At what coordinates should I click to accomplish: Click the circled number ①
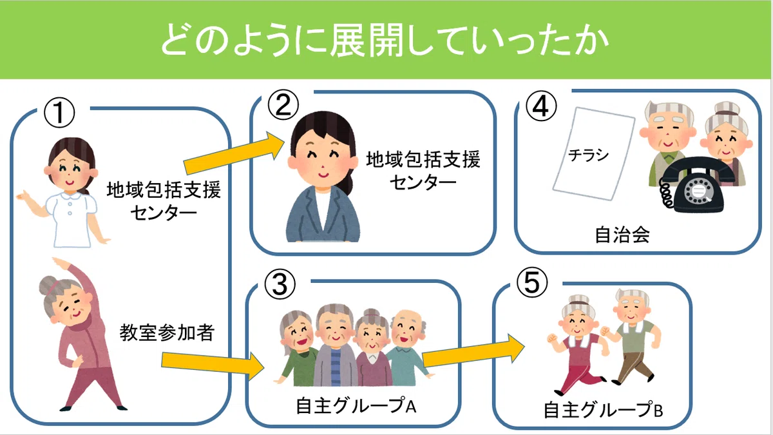click(59, 113)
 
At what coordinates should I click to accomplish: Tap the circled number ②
click(283, 104)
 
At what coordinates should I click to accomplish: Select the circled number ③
click(280, 284)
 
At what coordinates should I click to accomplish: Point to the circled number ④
click(540, 106)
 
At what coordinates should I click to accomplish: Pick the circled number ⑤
click(532, 282)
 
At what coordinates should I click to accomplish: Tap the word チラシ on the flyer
click(588, 155)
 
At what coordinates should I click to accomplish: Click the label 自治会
click(622, 235)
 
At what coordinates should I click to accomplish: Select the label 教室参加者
click(167, 333)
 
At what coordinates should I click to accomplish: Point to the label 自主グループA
click(356, 405)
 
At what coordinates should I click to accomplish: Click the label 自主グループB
click(603, 410)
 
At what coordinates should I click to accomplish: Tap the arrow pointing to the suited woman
click(234, 153)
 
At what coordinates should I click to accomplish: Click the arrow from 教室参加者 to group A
click(213, 366)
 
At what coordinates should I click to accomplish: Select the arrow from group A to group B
click(473, 350)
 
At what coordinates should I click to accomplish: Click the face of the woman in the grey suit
click(322, 157)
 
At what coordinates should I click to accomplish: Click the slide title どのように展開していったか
click(385, 40)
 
